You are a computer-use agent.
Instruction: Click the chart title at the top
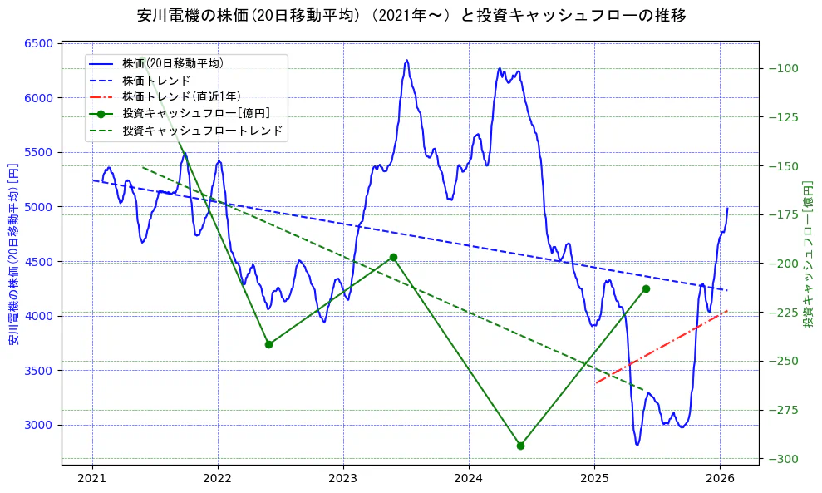411,15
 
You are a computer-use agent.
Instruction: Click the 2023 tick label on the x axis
343,478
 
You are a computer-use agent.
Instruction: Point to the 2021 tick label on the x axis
92,478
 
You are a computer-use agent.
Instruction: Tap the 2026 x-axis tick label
720,478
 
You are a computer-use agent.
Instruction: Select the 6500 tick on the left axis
38,43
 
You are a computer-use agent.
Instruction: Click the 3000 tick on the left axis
38,425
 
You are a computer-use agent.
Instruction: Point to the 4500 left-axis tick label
38,262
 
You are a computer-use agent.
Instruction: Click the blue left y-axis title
13,254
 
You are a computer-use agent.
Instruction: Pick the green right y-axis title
808,254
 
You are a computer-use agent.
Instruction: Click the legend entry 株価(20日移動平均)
172,63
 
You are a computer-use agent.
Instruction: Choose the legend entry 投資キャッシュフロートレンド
202,131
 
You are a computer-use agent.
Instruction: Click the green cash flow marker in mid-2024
520,446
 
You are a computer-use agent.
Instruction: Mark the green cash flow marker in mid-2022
268,344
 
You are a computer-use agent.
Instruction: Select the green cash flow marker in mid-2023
393,258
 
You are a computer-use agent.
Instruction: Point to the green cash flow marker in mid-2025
646,288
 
